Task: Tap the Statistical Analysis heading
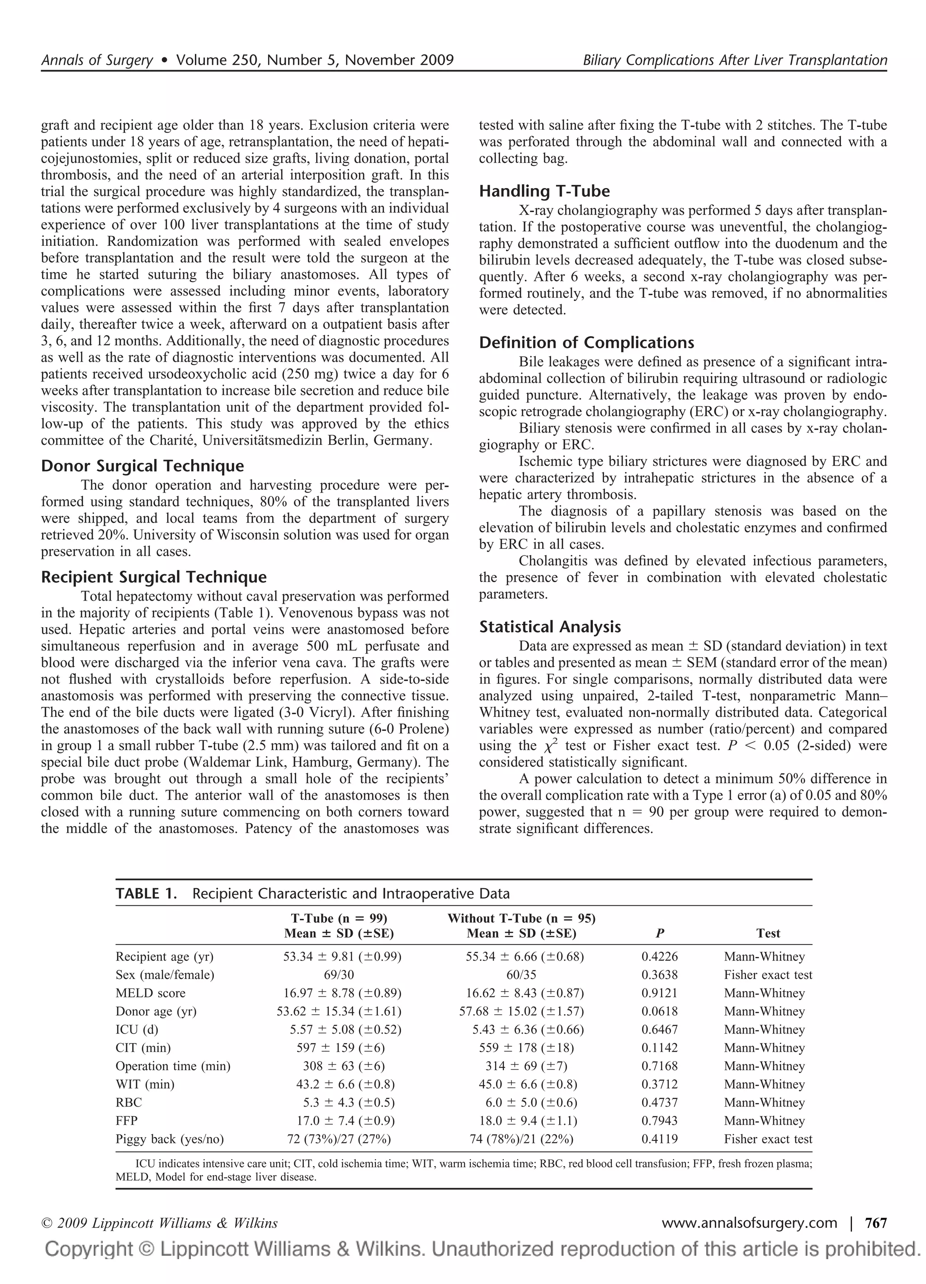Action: coord(550,627)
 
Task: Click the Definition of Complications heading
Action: coord(586,343)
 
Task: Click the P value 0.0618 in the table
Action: coord(659,1011)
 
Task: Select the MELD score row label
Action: coord(150,993)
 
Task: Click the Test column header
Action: coord(768,934)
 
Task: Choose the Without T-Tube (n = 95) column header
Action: coord(521,918)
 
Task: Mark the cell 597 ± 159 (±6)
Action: coord(340,1048)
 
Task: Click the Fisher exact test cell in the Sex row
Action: coord(768,975)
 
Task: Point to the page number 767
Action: coord(876,1223)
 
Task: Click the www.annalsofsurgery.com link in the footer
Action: coord(749,1223)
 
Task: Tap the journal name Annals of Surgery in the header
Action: coord(97,60)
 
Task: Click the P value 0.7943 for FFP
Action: coord(659,1121)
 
